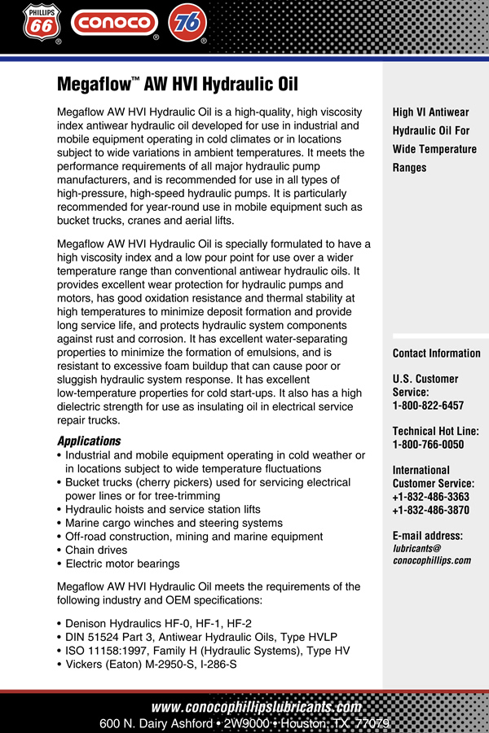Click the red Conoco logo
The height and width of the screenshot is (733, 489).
(113, 22)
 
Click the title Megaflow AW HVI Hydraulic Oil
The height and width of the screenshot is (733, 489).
(178, 84)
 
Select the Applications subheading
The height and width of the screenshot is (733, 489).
(89, 441)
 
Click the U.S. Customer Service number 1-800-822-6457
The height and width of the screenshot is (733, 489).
(428, 406)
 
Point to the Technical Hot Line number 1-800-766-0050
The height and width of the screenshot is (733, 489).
(428, 445)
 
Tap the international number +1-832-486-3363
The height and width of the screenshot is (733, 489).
(430, 497)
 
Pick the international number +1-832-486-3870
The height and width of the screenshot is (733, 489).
(430, 510)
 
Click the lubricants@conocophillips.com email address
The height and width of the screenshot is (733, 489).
(431, 555)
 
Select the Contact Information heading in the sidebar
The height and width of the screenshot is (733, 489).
(436, 353)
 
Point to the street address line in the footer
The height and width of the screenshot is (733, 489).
(244, 723)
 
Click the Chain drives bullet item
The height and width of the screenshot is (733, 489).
(96, 551)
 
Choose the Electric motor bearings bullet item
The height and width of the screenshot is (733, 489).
(122, 564)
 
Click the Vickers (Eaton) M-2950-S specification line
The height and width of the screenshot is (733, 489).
(151, 664)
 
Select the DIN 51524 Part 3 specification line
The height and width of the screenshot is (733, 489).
(200, 637)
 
